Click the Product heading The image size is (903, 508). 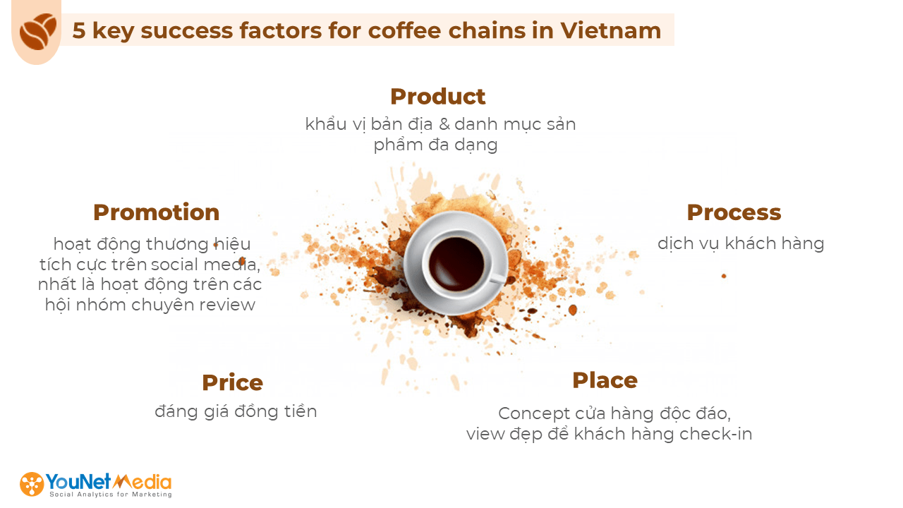pyautogui.click(x=438, y=97)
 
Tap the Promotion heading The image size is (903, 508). pyautogui.click(x=157, y=212)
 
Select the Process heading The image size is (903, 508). pyautogui.click(x=734, y=212)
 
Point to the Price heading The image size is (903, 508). pyautogui.click(x=232, y=382)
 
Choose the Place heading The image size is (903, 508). pyautogui.click(x=605, y=380)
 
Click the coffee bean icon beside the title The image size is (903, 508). pyautogui.click(x=38, y=32)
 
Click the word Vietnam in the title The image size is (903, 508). pyautogui.click(x=611, y=30)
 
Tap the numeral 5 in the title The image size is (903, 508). pyautogui.click(x=79, y=30)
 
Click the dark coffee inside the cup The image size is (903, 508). pyautogui.click(x=456, y=264)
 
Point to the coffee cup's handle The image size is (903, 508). pyautogui.click(x=499, y=278)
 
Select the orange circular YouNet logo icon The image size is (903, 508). pyautogui.click(x=32, y=484)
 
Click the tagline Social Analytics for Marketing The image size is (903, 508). pyautogui.click(x=111, y=495)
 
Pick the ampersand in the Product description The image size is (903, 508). pyautogui.click(x=444, y=124)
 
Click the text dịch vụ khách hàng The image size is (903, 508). pyautogui.click(x=741, y=244)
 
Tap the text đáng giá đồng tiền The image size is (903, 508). pyautogui.click(x=236, y=412)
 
